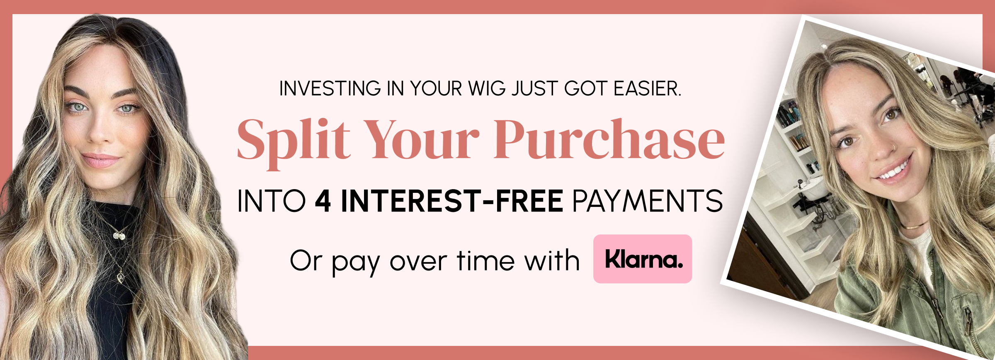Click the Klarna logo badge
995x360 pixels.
pyautogui.click(x=642, y=259)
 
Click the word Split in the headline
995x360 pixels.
pyautogui.click(x=294, y=141)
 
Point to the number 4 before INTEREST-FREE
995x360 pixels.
pyautogui.click(x=323, y=201)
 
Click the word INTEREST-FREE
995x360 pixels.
pyautogui.click(x=451, y=201)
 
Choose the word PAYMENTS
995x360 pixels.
pyautogui.click(x=647, y=201)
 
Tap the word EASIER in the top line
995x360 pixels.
pyautogui.click(x=647, y=89)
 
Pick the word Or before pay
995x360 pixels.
pyautogui.click(x=306, y=261)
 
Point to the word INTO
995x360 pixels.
pyautogui.click(x=271, y=201)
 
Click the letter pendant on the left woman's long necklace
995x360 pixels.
pyautogui.click(x=120, y=276)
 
